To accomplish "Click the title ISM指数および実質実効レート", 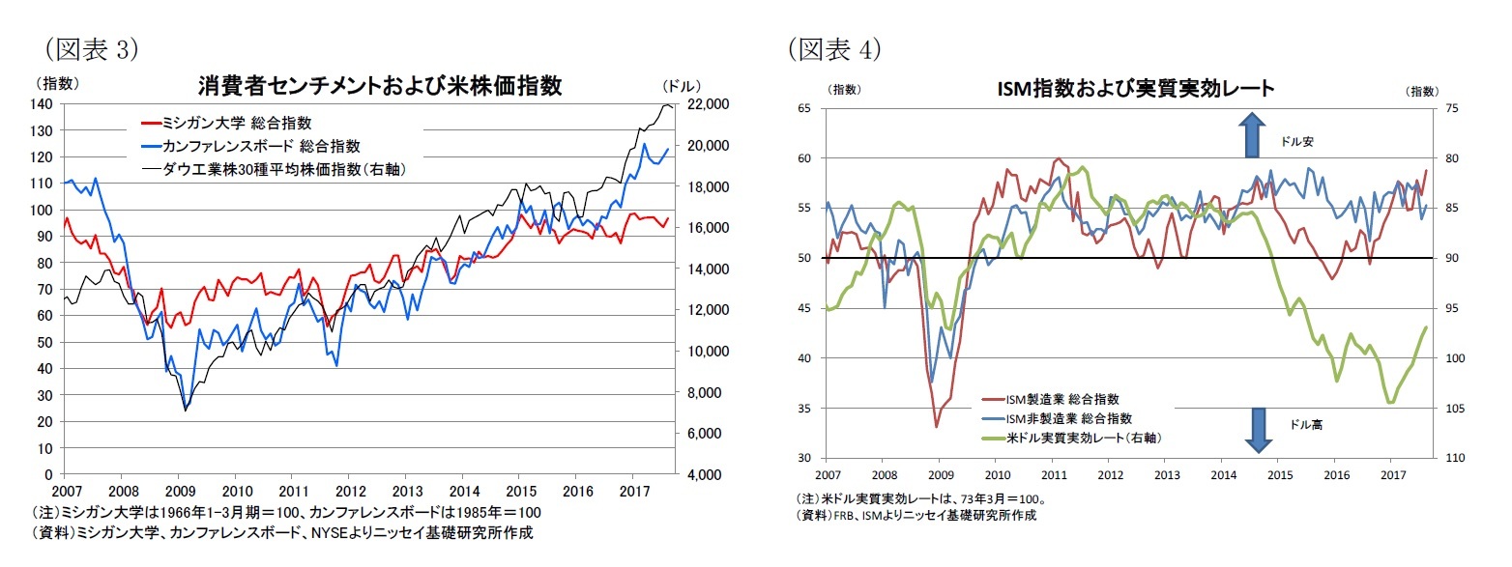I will click(1136, 88).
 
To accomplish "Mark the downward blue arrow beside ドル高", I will click(1258, 430).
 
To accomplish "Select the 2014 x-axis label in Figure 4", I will click(1223, 475).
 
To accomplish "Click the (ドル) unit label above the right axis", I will click(683, 85).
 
